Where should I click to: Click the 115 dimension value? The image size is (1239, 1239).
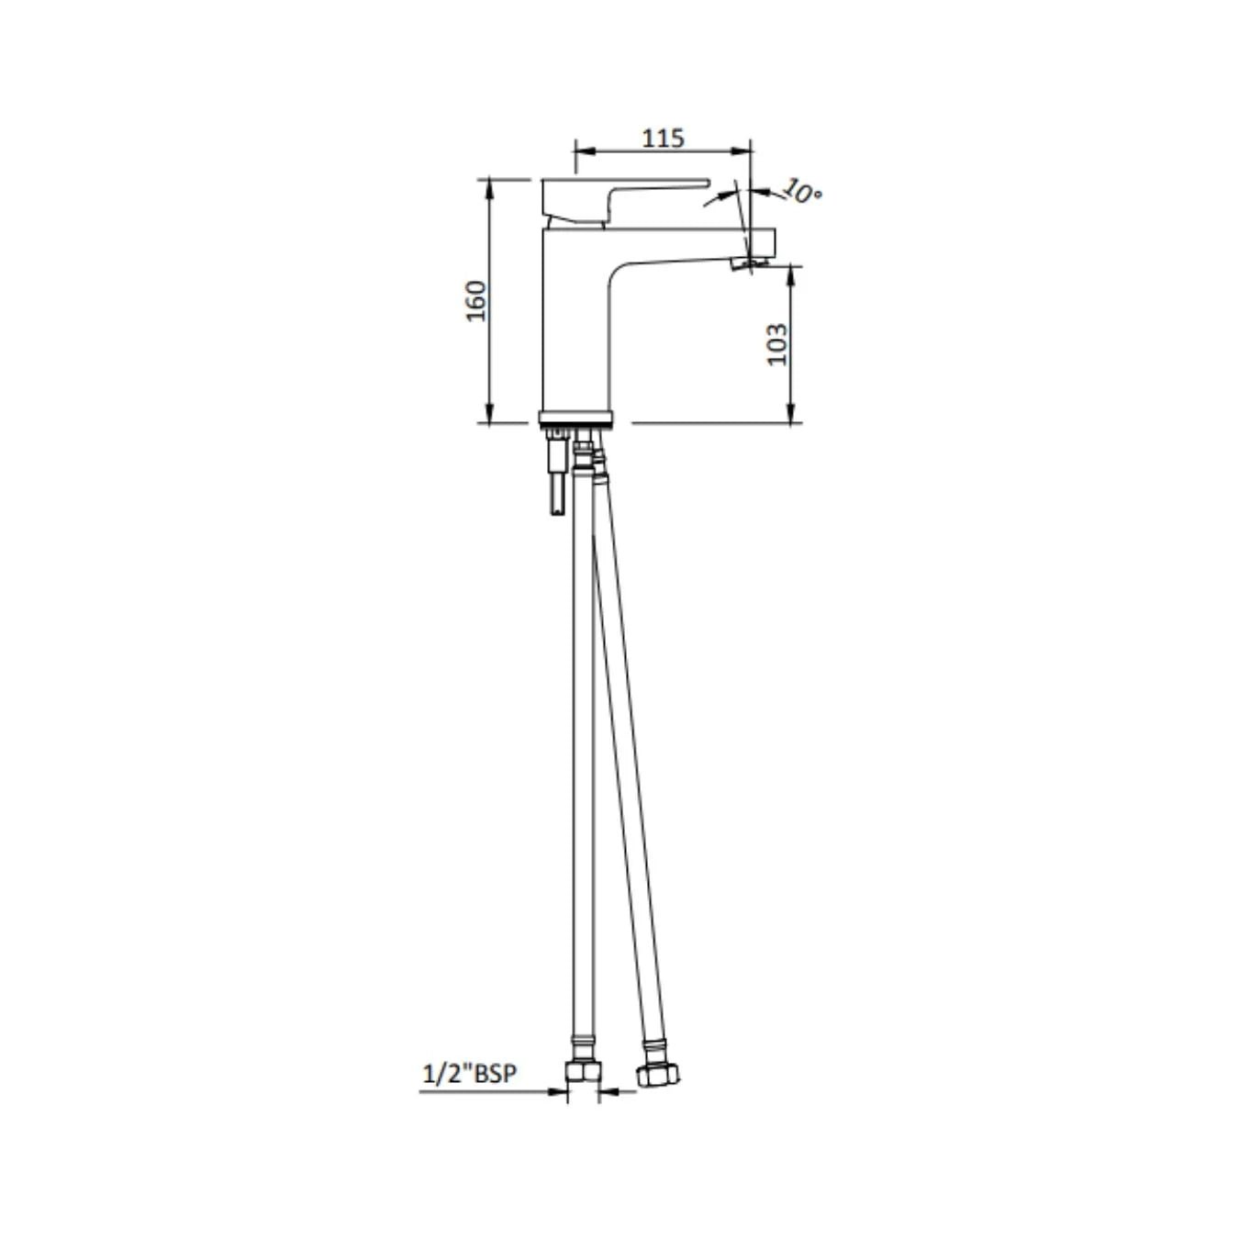coord(663,138)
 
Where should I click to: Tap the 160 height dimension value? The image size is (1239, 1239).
coord(476,300)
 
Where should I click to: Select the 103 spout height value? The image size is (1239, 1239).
coord(777,344)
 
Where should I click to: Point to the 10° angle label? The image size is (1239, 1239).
coord(802,191)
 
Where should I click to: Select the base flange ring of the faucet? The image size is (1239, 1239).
coord(576,418)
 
